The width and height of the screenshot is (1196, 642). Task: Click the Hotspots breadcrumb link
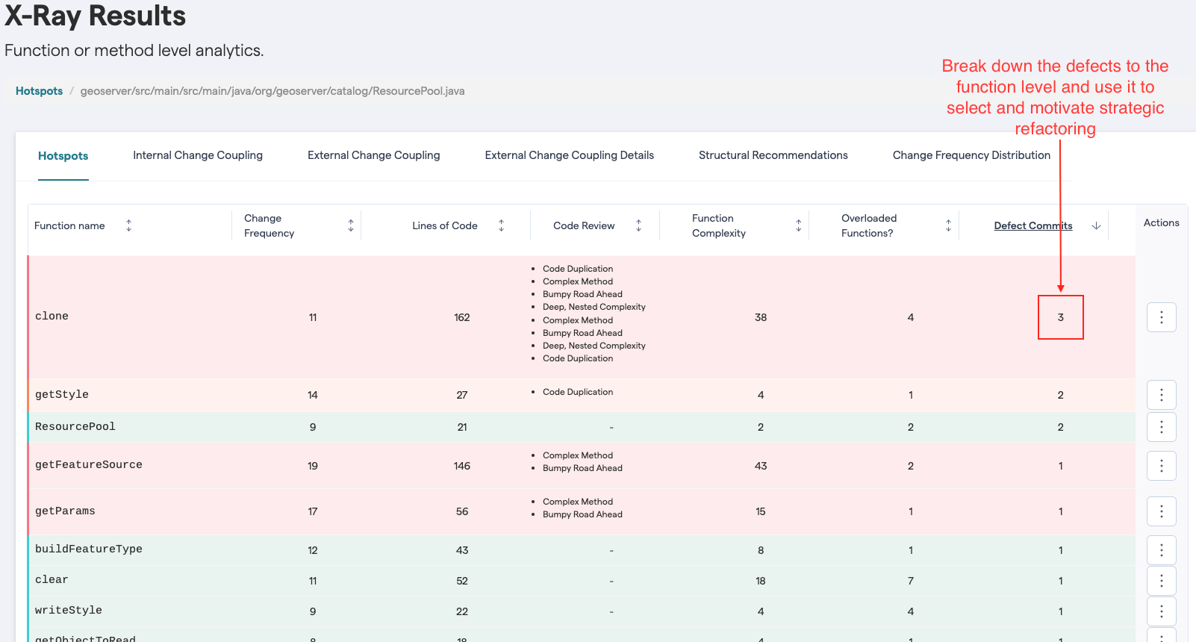pos(39,91)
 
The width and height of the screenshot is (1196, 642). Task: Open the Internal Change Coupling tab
pos(198,155)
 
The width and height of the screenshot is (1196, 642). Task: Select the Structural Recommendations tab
pos(773,155)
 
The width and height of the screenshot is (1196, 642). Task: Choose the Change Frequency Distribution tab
pos(971,155)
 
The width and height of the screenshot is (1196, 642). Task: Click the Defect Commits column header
pos(1033,225)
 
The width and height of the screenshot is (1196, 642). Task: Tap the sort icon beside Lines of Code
pos(502,225)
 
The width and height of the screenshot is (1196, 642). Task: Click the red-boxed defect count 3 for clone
pos(1060,317)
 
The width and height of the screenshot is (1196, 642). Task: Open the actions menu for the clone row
pos(1161,317)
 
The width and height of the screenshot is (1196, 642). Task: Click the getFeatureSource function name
pos(88,464)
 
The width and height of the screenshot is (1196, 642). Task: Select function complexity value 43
pos(761,466)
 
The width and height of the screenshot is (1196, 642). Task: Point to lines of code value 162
pos(462,317)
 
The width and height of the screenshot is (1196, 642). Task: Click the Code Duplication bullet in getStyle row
pos(578,392)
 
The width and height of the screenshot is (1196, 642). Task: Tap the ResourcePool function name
pos(75,426)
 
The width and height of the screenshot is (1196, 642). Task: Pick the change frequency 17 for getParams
pos(313,511)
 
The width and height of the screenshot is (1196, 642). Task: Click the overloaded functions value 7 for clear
pos(911,581)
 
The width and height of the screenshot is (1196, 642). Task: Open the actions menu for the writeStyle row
pos(1161,611)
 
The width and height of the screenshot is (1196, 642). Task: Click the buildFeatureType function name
pos(88,549)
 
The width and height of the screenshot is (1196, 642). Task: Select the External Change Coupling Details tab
pos(569,155)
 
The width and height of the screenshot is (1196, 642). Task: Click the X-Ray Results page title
pos(96,16)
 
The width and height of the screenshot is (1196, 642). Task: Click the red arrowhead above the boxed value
pos(1060,288)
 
